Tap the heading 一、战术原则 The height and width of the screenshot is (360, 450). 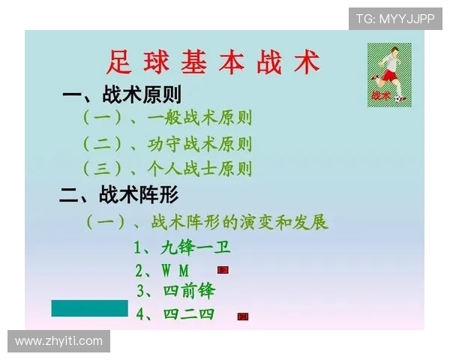121,95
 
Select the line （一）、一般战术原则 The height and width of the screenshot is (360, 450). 166,118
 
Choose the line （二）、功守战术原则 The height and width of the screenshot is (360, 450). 166,144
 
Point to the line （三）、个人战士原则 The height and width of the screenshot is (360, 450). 166,169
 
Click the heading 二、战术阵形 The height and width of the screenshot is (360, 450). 119,196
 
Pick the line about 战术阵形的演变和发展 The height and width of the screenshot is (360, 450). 207,223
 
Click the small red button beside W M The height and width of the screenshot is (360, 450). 223,269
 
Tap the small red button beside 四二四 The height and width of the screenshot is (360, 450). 243,316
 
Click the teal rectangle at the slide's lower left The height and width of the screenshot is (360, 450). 89,307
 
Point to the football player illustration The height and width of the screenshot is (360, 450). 389,73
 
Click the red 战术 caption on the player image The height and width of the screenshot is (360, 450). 380,96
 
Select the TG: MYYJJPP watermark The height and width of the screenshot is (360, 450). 394,19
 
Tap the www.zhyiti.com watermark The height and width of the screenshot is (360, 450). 58,341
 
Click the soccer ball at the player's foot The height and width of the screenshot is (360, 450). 401,97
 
